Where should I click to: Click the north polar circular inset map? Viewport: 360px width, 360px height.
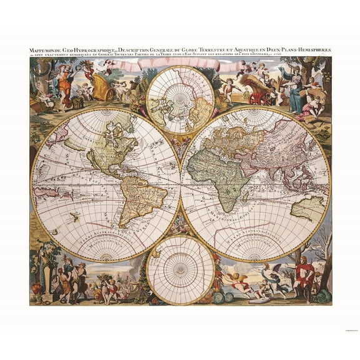pyautogui.click(x=180, y=100)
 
